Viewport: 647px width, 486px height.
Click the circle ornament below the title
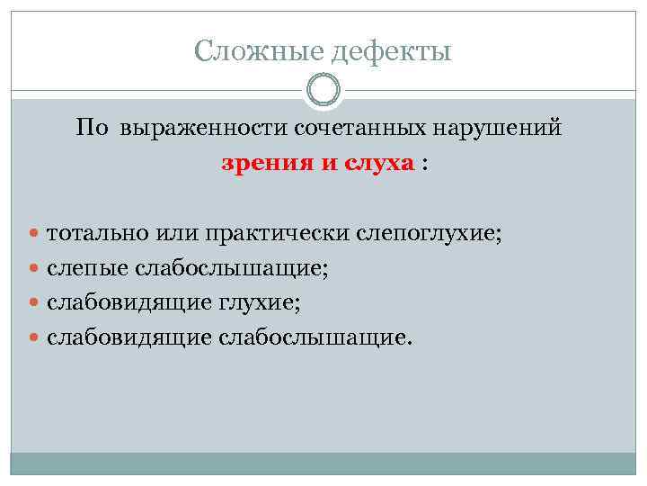tap(323, 90)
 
